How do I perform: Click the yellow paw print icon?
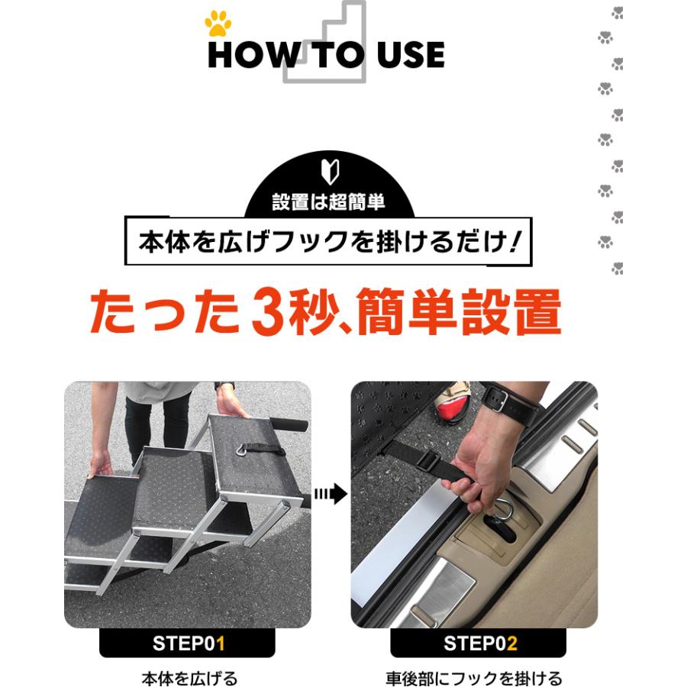tap(218, 24)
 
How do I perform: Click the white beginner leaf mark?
tap(330, 172)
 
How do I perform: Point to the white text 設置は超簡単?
tap(328, 202)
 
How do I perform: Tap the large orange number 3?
tap(269, 312)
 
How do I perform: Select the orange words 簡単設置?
tap(459, 312)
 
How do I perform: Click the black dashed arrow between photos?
tap(331, 494)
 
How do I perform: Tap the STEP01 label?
tap(189, 643)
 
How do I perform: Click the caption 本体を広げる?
tap(190, 679)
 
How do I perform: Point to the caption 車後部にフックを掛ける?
tap(474, 679)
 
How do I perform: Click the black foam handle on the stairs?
tap(289, 424)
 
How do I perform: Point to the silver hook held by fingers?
tap(504, 511)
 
